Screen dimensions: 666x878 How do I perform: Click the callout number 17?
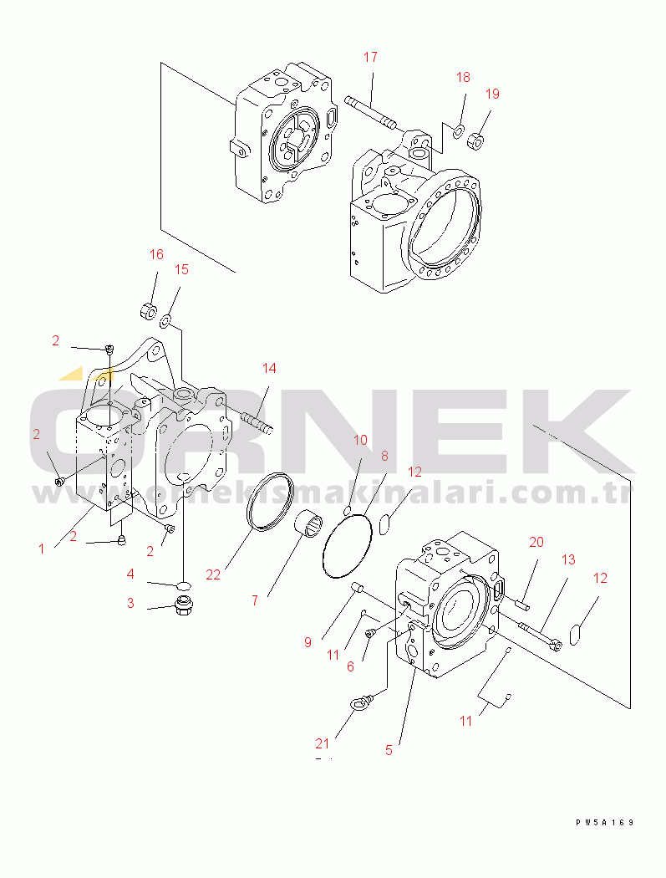370,57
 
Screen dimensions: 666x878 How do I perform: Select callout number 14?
268,368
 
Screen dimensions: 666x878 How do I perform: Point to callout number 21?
323,743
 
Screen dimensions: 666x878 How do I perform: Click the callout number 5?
389,750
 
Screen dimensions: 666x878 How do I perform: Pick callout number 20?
536,542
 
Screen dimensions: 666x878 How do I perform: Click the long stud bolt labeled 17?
372,113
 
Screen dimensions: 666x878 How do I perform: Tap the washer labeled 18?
459,130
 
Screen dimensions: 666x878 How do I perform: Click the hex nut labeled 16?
149,310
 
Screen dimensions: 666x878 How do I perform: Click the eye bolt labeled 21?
359,706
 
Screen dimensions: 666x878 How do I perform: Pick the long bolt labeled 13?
538,635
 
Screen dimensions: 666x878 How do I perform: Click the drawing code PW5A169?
604,823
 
